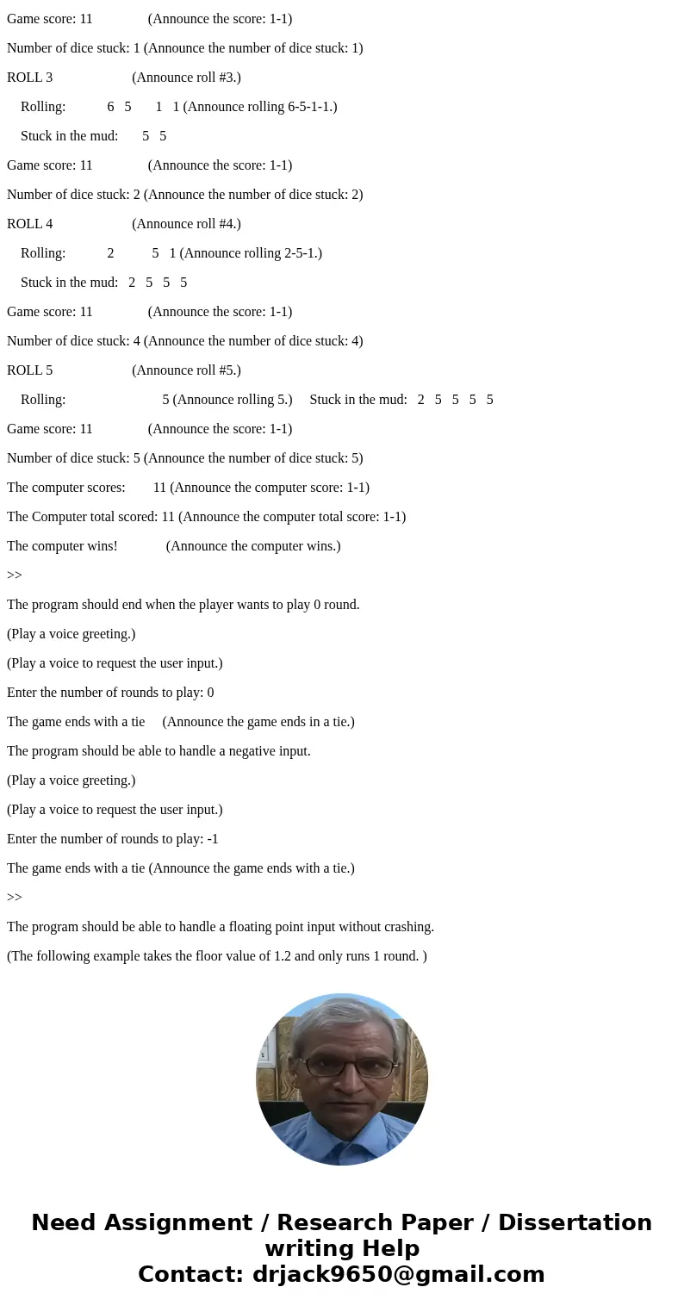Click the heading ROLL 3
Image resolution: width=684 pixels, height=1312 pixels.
pyautogui.click(x=30, y=78)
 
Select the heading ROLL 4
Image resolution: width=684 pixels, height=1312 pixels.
pyautogui.click(x=30, y=224)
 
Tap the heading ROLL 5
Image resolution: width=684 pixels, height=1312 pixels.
pyautogui.click(x=30, y=370)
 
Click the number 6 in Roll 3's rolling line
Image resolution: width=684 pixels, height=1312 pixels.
pyautogui.click(x=110, y=107)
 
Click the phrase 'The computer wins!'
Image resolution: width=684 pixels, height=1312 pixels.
pyautogui.click(x=62, y=546)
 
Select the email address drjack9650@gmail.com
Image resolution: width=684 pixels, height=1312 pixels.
pyautogui.click(x=396, y=1274)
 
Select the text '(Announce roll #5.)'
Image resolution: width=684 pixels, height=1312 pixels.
pyautogui.click(x=186, y=370)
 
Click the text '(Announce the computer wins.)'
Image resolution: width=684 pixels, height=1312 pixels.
pyautogui.click(x=253, y=546)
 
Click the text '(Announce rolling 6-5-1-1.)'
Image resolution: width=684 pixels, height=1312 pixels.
pyautogui.click(x=260, y=107)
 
